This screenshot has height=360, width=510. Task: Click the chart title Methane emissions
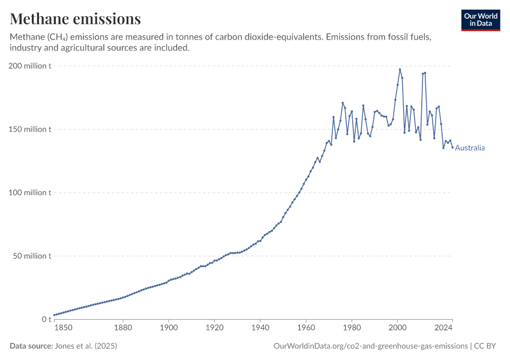(x=76, y=19)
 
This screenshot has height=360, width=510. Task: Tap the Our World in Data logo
(x=480, y=20)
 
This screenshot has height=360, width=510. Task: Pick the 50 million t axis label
(x=32, y=256)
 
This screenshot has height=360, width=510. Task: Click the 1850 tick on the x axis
(x=63, y=328)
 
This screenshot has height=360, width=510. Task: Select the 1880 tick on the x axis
(x=123, y=328)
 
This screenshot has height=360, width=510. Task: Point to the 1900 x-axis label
(x=169, y=328)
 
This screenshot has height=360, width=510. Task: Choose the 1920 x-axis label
(x=214, y=328)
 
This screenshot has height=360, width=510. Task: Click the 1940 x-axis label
(x=260, y=328)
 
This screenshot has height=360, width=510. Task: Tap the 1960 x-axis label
(x=306, y=328)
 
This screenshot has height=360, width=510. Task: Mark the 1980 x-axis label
(x=352, y=328)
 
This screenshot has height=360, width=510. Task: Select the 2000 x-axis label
(x=398, y=328)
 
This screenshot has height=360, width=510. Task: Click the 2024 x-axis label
(x=443, y=328)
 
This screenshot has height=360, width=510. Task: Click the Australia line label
(x=470, y=148)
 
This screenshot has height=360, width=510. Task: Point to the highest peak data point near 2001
(x=400, y=69)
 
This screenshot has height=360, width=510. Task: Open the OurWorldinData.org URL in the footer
(x=370, y=346)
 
